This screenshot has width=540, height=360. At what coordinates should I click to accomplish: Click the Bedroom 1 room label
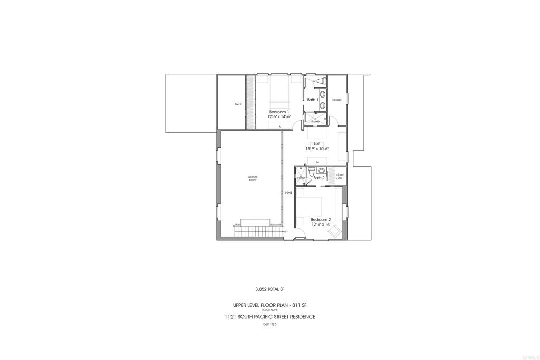point(279,112)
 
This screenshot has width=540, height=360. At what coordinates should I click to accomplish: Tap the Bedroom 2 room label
point(321,219)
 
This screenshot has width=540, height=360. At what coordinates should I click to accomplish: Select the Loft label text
point(317,143)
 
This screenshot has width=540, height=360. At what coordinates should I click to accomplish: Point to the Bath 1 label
point(312,100)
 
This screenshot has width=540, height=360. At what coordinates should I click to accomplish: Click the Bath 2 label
point(319,178)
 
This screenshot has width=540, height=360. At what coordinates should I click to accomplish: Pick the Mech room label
point(238,104)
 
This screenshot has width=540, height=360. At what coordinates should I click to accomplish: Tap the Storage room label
point(336,100)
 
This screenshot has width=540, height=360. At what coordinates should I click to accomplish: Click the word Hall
point(288,193)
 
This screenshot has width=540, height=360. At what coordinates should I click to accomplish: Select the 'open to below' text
point(253,178)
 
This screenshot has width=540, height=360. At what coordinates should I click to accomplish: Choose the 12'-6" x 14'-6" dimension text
point(279,116)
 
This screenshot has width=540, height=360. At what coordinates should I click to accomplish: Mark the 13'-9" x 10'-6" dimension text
point(317,149)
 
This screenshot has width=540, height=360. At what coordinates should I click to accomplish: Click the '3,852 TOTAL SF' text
point(269,289)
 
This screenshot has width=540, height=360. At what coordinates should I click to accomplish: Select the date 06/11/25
point(269,324)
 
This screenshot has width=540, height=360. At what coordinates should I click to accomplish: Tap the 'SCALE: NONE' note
point(269,309)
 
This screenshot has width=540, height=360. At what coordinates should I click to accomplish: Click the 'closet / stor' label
point(340,176)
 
